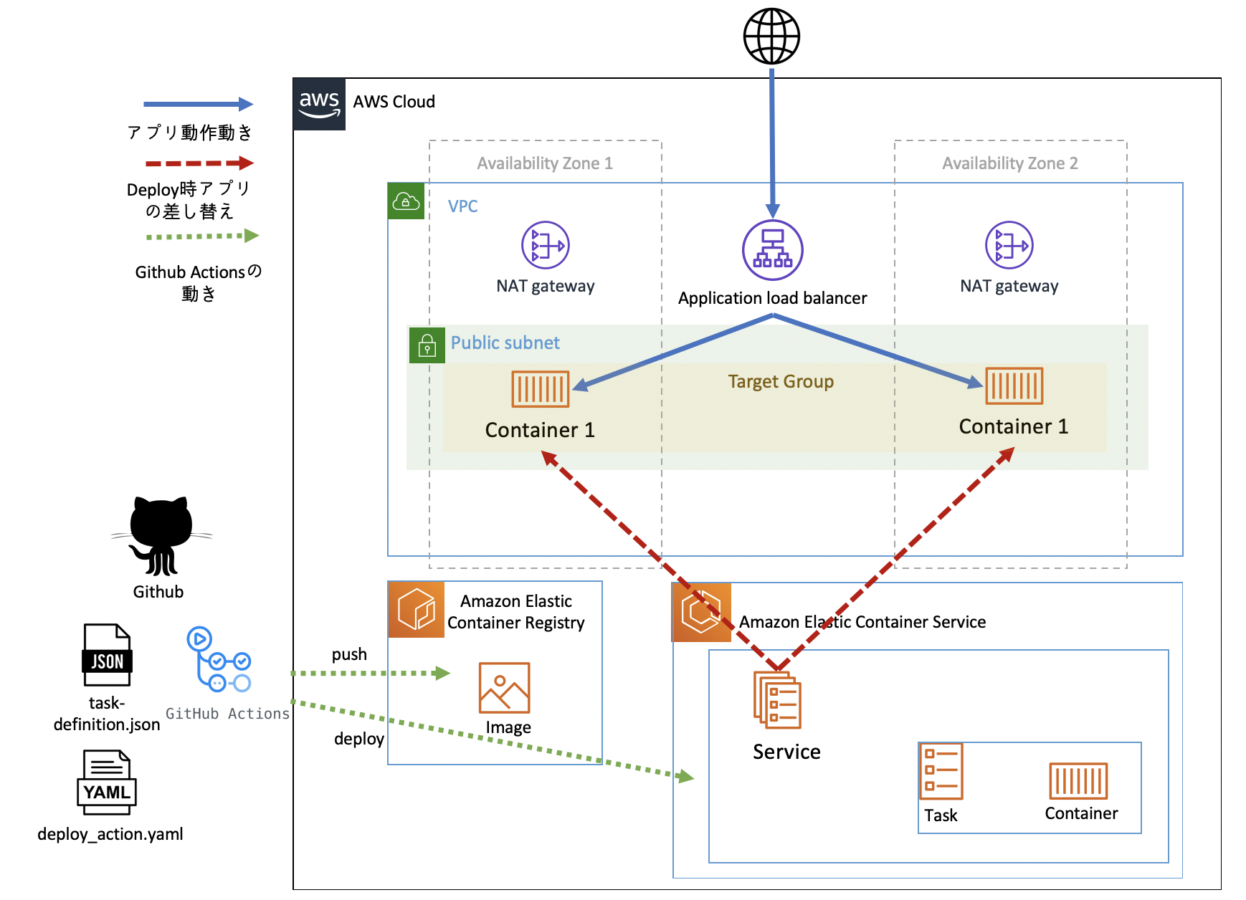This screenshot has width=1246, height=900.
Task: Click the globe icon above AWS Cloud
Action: [771, 37]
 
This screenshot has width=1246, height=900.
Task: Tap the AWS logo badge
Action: [319, 104]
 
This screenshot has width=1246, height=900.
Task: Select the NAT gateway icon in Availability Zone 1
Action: [545, 245]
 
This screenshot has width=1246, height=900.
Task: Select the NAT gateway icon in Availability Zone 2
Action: [1009, 245]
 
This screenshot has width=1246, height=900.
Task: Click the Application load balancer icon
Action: [772, 249]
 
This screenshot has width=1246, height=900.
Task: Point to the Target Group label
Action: [781, 381]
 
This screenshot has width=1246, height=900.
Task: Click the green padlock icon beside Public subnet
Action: [427, 345]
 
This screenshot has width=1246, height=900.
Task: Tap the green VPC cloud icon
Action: [406, 201]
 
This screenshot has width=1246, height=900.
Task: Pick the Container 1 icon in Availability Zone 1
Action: [540, 388]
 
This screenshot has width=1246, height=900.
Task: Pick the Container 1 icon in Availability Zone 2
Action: [1014, 386]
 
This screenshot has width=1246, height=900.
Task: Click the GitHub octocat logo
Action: [161, 536]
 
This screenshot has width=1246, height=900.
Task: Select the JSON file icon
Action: [108, 655]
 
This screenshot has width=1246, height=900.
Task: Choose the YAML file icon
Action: [107, 782]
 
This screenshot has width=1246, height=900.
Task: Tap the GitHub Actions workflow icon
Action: [219, 660]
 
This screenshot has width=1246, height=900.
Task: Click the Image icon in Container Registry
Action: [504, 687]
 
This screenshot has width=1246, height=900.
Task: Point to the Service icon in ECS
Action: [777, 699]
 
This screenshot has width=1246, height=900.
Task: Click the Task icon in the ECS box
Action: [941, 771]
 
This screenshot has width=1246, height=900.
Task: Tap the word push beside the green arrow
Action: [349, 654]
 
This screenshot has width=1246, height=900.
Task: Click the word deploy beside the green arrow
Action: [358, 739]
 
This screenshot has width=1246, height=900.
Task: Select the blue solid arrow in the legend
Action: [198, 105]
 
